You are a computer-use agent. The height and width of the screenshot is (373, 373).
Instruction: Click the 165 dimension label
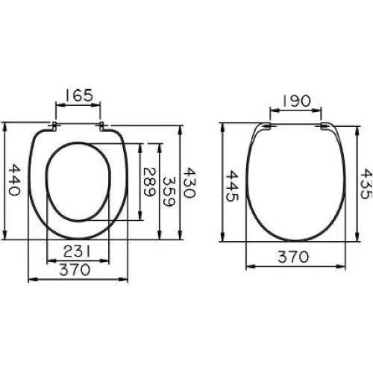pyautogui.click(x=79, y=95)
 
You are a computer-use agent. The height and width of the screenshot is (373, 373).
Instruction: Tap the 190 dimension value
pyautogui.click(x=297, y=101)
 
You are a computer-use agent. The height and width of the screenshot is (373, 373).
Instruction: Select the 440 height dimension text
pyautogui.click(x=14, y=180)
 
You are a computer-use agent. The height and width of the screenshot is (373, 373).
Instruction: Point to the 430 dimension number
pyautogui.click(x=189, y=183)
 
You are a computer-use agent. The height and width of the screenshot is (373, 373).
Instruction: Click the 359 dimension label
pyautogui.click(x=169, y=192)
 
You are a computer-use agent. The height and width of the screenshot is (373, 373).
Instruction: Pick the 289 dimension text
pyautogui.click(x=149, y=182)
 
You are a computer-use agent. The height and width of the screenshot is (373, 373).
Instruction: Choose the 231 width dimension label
pyautogui.click(x=77, y=251)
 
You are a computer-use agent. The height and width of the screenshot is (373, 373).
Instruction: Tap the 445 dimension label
pyautogui.click(x=232, y=186)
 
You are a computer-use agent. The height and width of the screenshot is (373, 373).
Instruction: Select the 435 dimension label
pyautogui.click(x=366, y=184)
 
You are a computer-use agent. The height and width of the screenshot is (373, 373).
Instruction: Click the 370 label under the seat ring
pyautogui.click(x=75, y=270)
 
